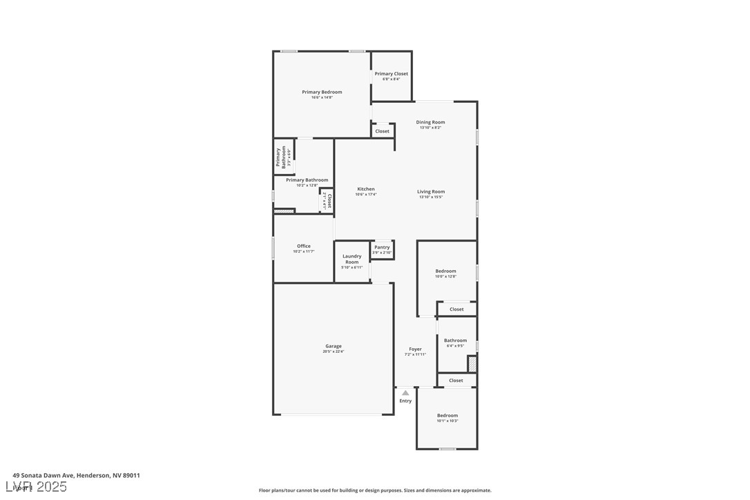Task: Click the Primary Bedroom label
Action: [322, 92]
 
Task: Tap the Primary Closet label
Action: [391, 74]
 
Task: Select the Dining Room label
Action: [430, 122]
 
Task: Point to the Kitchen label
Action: [366, 189]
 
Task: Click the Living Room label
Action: [431, 192]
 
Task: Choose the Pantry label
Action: [382, 247]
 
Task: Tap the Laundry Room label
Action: [352, 259]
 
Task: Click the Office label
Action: [304, 246]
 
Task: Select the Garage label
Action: [334, 346]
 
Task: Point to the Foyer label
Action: [415, 349]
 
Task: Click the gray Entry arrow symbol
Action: [405, 393]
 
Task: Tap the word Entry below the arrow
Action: [405, 401]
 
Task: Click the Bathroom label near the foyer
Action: [455, 340]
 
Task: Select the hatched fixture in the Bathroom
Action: [472, 364]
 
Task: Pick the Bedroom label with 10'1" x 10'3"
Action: [447, 416]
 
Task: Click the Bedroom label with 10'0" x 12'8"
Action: [445, 271]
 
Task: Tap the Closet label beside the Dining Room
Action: [382, 131]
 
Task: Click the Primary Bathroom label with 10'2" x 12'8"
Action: [307, 180]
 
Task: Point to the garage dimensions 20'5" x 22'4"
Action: [334, 352]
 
